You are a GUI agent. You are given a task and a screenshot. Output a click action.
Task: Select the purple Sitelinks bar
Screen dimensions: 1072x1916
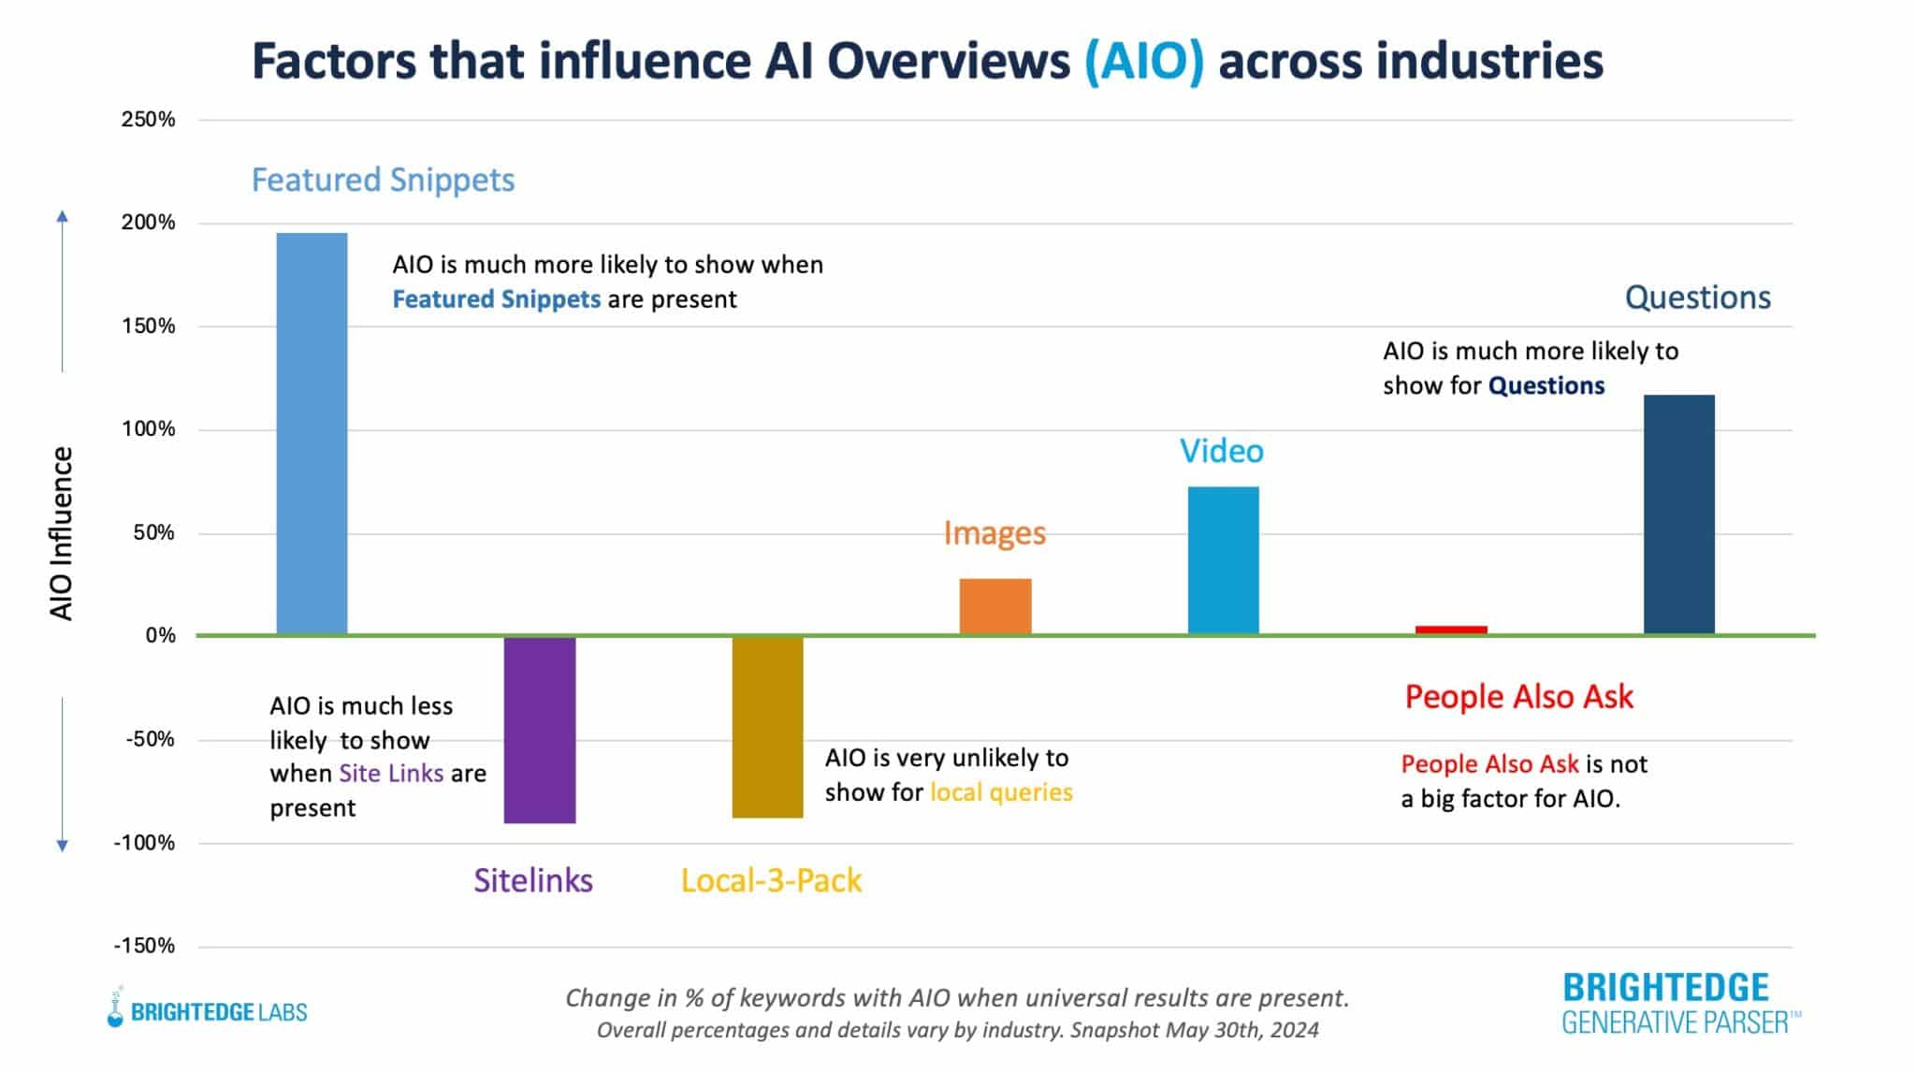tap(540, 730)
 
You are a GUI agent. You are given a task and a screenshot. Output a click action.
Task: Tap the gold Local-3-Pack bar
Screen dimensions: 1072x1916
tap(767, 727)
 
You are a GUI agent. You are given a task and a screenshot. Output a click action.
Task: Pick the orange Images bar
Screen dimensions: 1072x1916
tap(995, 606)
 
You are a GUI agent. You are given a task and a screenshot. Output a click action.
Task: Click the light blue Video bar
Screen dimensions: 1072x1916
tap(1223, 560)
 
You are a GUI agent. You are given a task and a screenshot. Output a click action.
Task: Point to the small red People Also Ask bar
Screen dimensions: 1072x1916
tap(1451, 630)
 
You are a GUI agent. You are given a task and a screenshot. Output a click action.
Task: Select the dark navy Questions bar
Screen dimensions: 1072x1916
tap(1678, 514)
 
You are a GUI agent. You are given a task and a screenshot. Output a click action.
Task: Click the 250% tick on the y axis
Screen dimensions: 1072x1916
tap(148, 120)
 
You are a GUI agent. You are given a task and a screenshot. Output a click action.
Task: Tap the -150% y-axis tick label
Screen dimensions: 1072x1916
tap(144, 946)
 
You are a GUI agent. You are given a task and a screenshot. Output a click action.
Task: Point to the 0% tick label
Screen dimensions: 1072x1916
tap(160, 636)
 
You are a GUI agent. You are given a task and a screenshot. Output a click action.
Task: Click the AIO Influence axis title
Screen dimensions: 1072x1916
tap(62, 533)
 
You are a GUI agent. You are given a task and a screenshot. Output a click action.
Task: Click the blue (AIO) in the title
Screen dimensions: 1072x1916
tap(1143, 62)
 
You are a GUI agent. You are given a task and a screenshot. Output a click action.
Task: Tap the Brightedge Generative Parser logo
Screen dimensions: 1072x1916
tap(1678, 1003)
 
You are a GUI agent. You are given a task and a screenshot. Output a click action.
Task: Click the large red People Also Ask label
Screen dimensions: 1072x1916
tap(1518, 697)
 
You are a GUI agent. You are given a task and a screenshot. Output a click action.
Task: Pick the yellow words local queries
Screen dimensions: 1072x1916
tap(1000, 792)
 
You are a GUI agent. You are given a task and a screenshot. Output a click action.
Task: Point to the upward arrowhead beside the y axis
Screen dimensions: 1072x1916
tap(63, 217)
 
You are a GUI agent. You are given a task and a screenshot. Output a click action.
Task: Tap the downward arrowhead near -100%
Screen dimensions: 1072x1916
tap(63, 846)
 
